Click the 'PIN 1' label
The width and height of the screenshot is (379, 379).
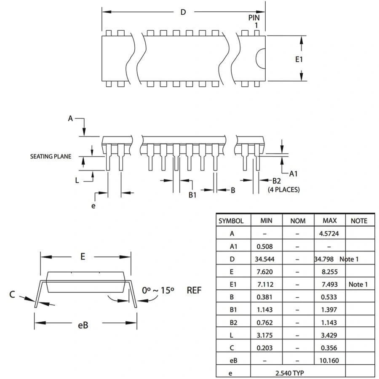click(x=254, y=21)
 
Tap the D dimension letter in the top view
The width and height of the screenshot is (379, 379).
click(x=183, y=12)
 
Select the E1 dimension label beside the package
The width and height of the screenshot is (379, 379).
click(x=299, y=59)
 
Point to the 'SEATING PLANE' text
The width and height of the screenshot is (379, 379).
click(x=51, y=157)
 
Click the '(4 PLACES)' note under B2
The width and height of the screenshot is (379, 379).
click(x=284, y=189)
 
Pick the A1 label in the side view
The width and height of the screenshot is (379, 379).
click(x=294, y=173)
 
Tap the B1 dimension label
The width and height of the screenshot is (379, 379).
click(x=192, y=195)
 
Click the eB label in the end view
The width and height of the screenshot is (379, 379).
click(x=83, y=325)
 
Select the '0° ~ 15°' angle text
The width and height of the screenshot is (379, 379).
click(x=158, y=290)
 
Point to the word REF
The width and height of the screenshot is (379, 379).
click(x=194, y=290)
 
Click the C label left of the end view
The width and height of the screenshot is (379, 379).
click(x=12, y=294)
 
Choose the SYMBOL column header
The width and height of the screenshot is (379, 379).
click(x=231, y=221)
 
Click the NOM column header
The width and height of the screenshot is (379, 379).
click(x=298, y=221)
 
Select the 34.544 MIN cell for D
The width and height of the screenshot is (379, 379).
click(x=264, y=259)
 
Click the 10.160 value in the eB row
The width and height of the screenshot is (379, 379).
click(x=330, y=360)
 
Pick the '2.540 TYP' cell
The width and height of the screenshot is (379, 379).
click(x=289, y=373)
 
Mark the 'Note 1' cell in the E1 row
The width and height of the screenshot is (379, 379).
click(x=358, y=284)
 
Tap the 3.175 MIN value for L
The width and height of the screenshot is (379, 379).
click(x=264, y=335)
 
